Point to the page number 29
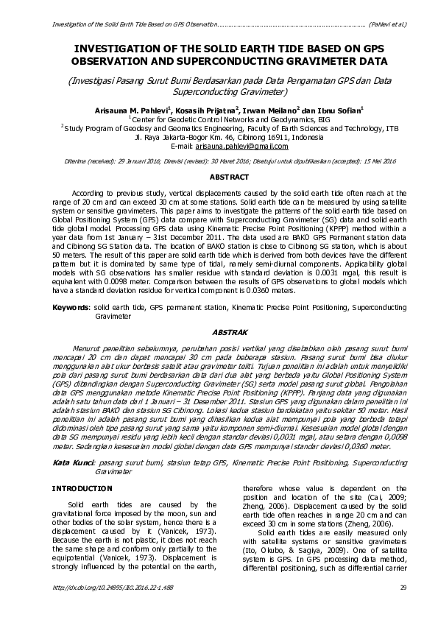pyautogui.click(x=403, y=607)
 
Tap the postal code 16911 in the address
pyautogui.click(x=275, y=137)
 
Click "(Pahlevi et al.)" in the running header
pyautogui.click(x=386, y=23)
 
